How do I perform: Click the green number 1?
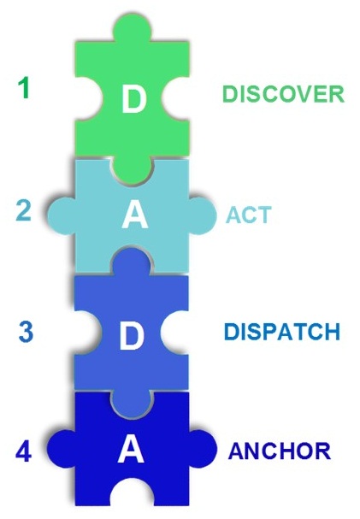tap(25, 88)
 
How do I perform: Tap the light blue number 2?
tap(24, 211)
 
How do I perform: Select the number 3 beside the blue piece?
tap(26, 332)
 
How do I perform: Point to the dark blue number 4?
tap(24, 452)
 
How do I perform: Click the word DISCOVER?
tap(284, 94)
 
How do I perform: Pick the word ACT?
tap(249, 215)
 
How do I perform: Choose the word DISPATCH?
tap(282, 332)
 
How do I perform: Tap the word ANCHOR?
tap(280, 451)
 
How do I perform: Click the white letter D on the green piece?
tap(133, 98)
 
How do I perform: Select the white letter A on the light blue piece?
tap(134, 215)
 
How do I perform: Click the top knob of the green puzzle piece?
tap(133, 28)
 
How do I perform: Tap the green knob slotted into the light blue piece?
tap(133, 169)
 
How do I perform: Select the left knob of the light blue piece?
tap(62, 216)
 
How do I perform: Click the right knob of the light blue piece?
tap(203, 216)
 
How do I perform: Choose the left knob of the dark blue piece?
tap(61, 449)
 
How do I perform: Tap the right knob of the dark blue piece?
tap(203, 449)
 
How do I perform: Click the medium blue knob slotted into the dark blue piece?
tap(133, 402)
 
